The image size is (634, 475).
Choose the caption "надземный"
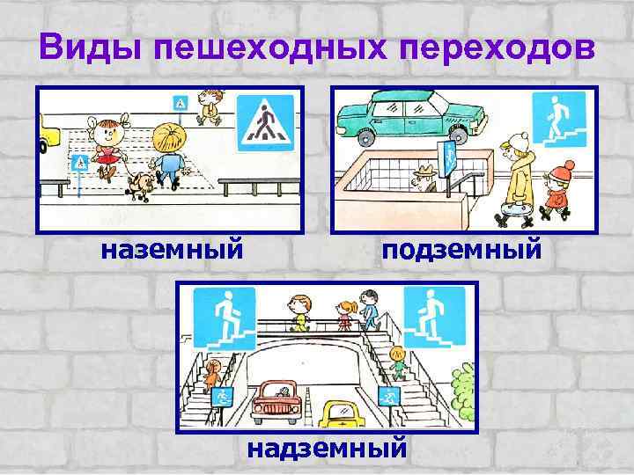coord(327,448)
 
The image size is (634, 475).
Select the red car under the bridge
coord(280,403)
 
